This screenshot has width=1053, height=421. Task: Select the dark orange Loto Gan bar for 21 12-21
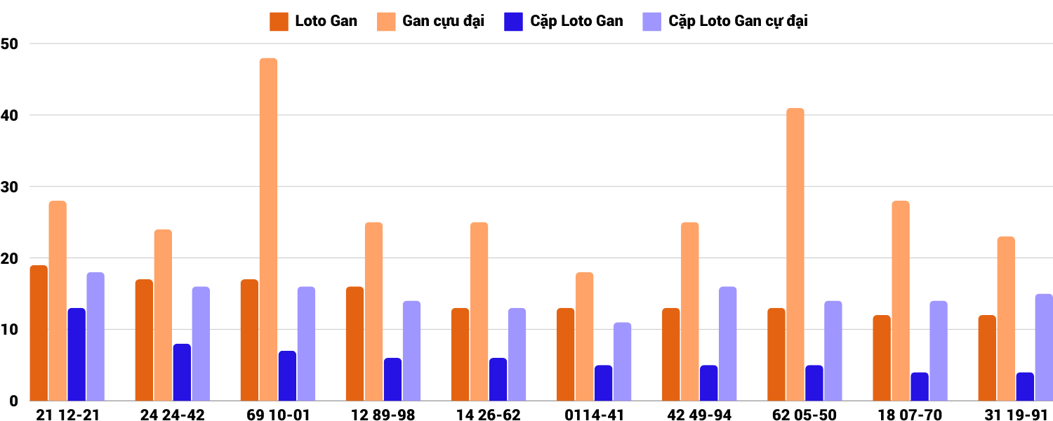(x=39, y=333)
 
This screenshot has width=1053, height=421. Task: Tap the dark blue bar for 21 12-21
(x=77, y=354)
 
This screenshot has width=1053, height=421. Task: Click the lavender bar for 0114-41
(x=622, y=361)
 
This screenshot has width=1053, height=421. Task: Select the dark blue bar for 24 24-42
(x=182, y=372)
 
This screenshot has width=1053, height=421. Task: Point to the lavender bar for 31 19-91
(x=1043, y=347)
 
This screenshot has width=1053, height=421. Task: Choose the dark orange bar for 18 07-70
(x=882, y=358)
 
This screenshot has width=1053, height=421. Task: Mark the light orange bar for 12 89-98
(x=373, y=312)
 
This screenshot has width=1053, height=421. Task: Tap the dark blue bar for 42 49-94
(x=708, y=383)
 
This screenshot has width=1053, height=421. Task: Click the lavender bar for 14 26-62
(x=517, y=354)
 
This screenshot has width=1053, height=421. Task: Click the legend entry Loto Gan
(x=326, y=21)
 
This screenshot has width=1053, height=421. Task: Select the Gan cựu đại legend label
(x=443, y=21)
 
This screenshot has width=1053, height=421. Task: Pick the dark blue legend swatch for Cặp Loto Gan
(x=513, y=21)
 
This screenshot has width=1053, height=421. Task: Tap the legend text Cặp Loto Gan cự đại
(x=738, y=21)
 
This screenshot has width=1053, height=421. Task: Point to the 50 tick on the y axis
(x=9, y=44)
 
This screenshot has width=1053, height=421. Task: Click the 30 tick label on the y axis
(x=9, y=187)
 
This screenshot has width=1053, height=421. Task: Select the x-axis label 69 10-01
(x=278, y=415)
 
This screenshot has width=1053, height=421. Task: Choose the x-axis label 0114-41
(x=594, y=415)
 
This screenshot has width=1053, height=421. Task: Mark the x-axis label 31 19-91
(x=1016, y=415)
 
